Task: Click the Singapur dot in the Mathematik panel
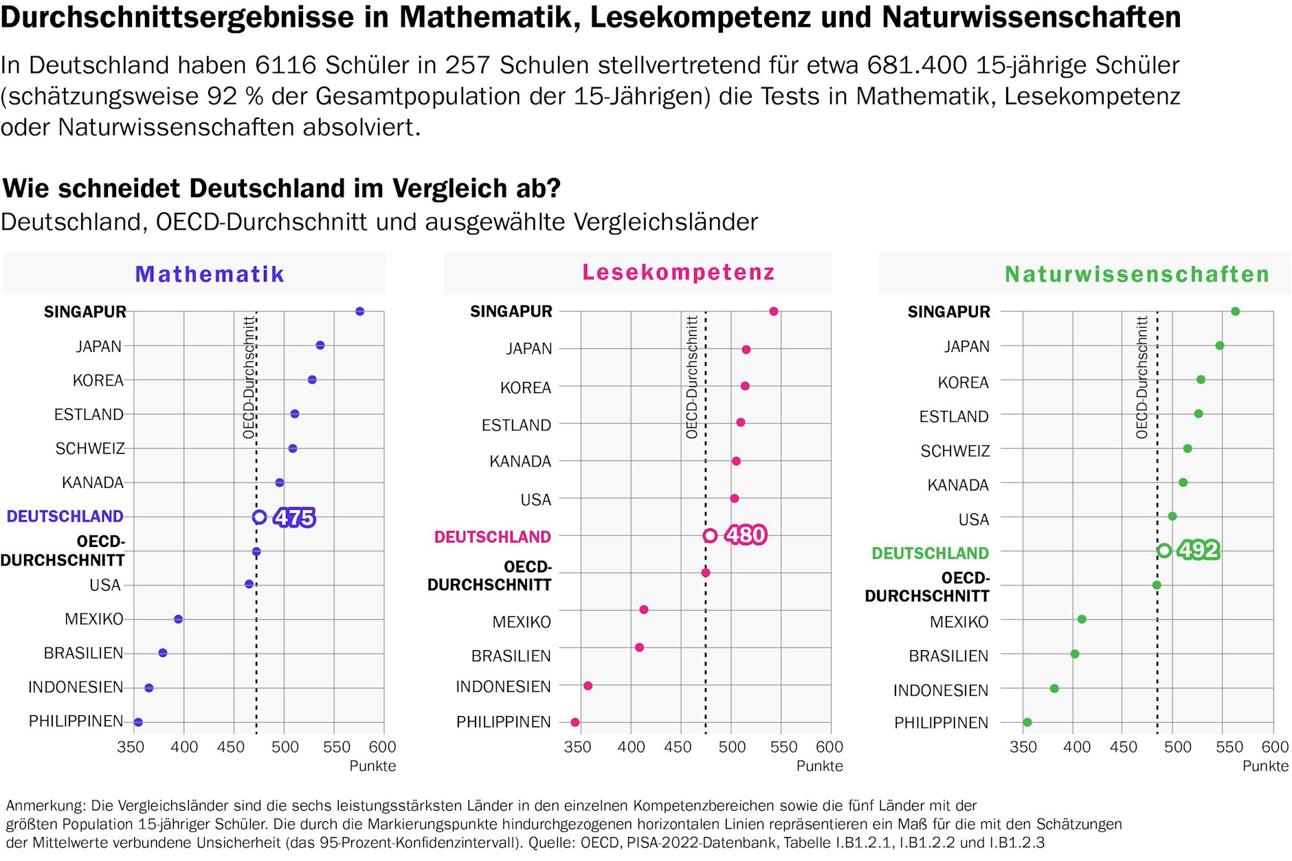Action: (x=359, y=311)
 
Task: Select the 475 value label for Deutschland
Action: (x=295, y=517)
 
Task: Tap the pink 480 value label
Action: (x=746, y=535)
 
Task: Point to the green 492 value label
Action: (x=1199, y=550)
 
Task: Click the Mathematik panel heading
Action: (x=210, y=274)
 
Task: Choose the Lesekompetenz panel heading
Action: (x=678, y=272)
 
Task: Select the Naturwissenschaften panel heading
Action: (x=1137, y=274)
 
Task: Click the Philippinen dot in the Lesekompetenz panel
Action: (x=575, y=722)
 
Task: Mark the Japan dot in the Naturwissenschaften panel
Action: (x=1220, y=346)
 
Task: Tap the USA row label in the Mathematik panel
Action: (x=105, y=585)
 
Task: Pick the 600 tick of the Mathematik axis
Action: (x=382, y=747)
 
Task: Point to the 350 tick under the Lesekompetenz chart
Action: (x=577, y=747)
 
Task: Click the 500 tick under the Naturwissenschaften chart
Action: (x=1177, y=747)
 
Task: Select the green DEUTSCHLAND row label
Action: (x=930, y=553)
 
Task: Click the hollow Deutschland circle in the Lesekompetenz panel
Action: (x=711, y=535)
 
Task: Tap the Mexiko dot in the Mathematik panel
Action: (x=179, y=619)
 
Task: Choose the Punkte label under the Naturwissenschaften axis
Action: (x=1265, y=766)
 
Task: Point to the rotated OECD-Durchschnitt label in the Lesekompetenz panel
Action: (x=691, y=377)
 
